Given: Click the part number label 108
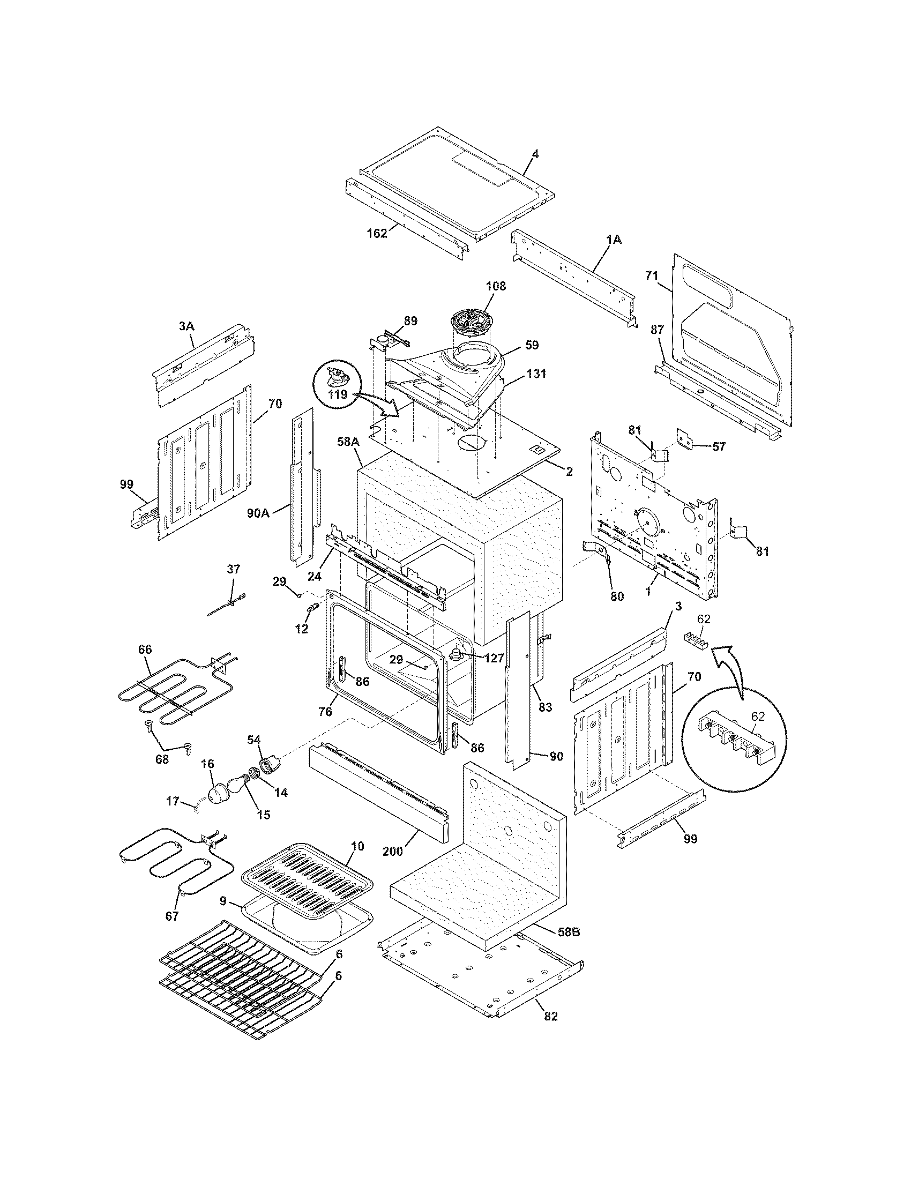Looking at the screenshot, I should click(496, 286).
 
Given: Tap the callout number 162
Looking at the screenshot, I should click(377, 233).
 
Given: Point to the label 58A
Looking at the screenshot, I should click(348, 442).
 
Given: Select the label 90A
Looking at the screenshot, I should click(258, 513).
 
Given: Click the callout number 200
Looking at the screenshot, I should click(392, 852).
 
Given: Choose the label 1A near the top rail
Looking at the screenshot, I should click(614, 240).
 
